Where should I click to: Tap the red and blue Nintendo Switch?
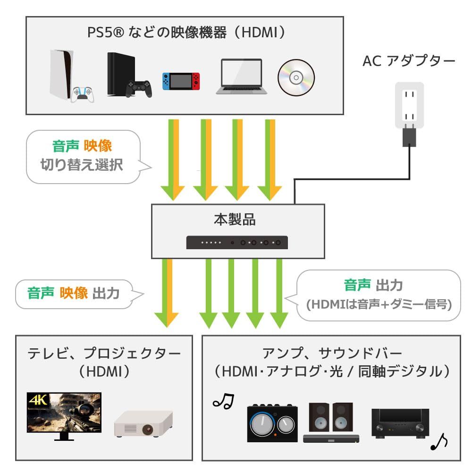coord(181,81)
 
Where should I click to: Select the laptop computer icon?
coord(241,76)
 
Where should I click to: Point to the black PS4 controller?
coord(139,88)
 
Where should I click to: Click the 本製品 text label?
coord(238,220)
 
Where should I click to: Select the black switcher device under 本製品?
coord(238,243)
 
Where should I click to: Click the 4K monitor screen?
coord(64,412)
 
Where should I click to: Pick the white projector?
coord(143,423)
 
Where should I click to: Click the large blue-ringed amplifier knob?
coord(262,424)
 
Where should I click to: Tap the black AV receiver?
coord(400,423)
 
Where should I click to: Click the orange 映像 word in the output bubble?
coord(74,293)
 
